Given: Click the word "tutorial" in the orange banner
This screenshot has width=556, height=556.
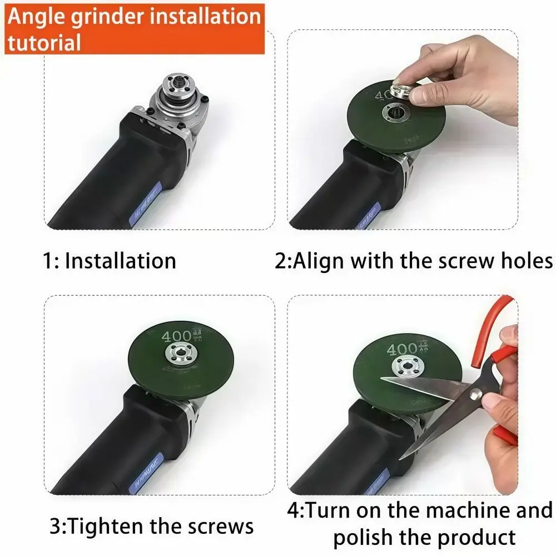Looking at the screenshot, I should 44,42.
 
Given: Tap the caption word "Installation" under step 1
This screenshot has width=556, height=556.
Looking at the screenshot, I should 120,261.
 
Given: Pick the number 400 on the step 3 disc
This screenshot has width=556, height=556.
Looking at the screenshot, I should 175,336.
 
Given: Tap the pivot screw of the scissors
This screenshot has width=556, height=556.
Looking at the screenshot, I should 475,394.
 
